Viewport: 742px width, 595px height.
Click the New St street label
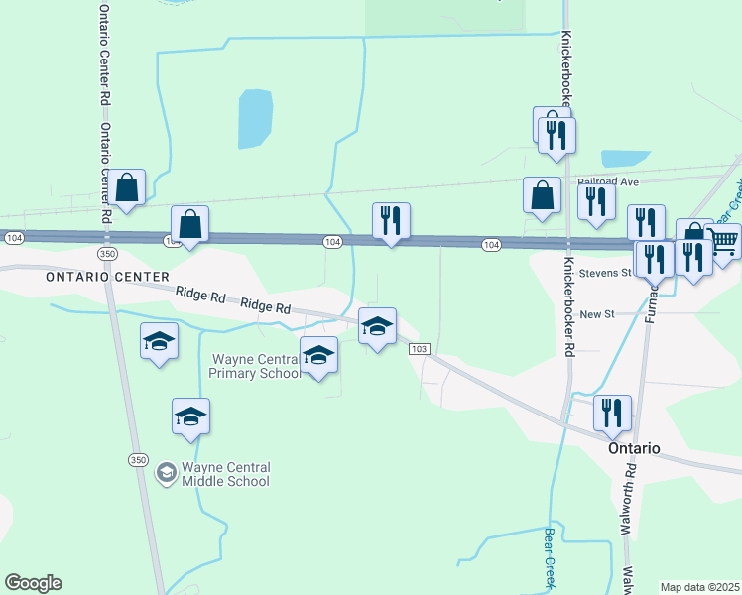(597, 313)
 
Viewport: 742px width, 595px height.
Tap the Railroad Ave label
(609, 182)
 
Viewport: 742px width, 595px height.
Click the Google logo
(33, 583)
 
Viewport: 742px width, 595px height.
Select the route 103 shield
(419, 349)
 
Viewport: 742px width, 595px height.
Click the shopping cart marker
(723, 241)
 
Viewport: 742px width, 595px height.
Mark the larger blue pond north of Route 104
(254, 118)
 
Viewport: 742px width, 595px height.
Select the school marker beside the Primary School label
(318, 354)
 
